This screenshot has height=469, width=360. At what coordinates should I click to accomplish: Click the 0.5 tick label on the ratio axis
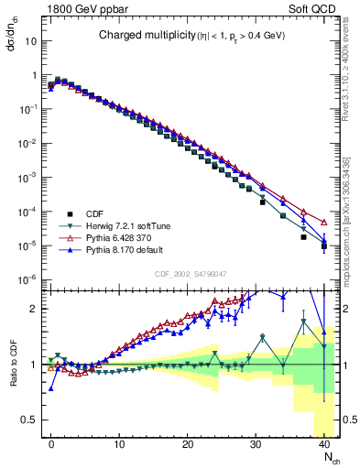(x=27, y=419)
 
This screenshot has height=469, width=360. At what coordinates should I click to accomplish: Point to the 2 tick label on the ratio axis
(x=32, y=309)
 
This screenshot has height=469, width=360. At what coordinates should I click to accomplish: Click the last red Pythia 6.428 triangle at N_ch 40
(x=324, y=222)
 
